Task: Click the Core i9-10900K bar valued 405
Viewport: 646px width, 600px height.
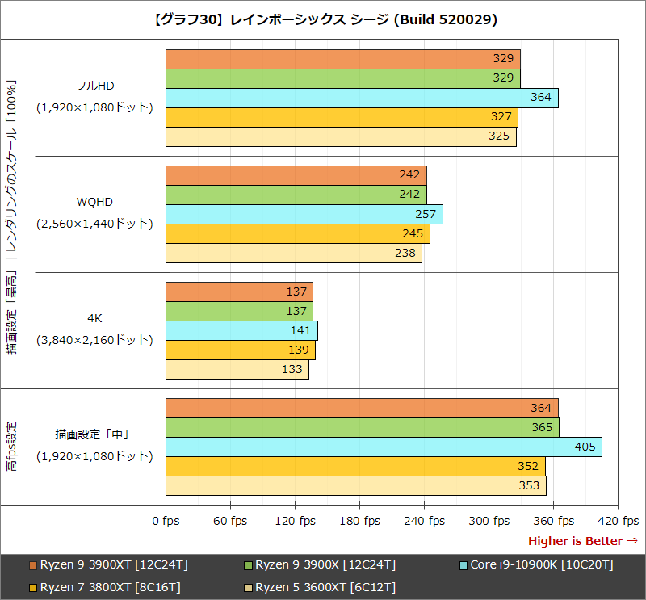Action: click(384, 447)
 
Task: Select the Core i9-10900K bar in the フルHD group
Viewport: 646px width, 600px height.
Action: click(362, 98)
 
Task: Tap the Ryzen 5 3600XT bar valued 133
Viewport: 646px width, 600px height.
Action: click(237, 369)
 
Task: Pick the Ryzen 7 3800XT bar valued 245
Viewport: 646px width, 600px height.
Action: click(297, 233)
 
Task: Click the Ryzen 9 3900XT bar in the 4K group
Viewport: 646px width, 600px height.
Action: click(239, 292)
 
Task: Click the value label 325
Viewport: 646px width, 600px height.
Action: click(498, 136)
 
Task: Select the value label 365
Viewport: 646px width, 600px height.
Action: click(542, 427)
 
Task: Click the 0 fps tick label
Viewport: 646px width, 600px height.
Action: click(166, 521)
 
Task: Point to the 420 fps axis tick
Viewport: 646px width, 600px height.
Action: click(618, 521)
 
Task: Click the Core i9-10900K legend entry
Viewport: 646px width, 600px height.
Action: click(541, 564)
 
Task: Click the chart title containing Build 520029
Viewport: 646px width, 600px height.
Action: click(323, 19)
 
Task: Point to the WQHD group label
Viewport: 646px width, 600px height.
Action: click(94, 201)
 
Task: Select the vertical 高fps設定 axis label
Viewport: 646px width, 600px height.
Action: click(11, 446)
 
